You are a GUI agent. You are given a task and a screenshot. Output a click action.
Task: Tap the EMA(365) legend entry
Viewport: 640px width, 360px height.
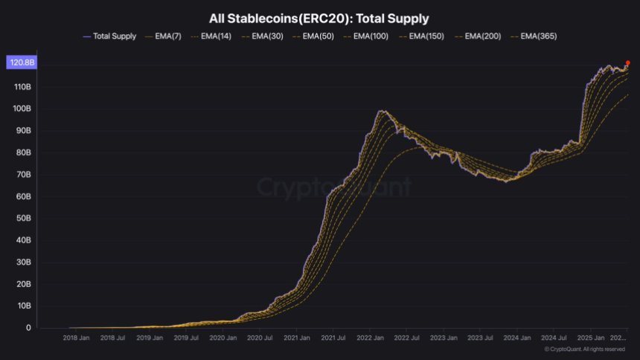pos(534,36)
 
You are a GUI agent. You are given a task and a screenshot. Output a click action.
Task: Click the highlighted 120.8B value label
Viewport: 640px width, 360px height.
pos(20,64)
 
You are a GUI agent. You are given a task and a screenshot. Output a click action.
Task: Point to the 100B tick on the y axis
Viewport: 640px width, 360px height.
pos(22,109)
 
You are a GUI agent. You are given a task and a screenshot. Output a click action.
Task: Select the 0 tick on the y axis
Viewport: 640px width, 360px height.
pos(28,328)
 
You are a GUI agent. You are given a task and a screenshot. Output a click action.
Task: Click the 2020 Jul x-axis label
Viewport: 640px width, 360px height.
pos(259,338)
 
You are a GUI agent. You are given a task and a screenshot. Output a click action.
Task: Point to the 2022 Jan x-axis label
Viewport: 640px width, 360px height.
pos(370,338)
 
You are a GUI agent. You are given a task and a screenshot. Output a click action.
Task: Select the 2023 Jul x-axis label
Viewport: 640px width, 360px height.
pos(480,338)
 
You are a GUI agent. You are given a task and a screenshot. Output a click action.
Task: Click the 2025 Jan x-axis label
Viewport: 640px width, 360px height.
pos(590,338)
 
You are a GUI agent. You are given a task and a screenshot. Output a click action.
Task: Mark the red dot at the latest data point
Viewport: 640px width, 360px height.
pos(628,63)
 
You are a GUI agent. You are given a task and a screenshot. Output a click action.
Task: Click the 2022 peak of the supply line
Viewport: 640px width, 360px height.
pos(382,111)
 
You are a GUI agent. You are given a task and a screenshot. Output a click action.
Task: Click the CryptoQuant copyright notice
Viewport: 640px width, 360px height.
pos(584,349)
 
